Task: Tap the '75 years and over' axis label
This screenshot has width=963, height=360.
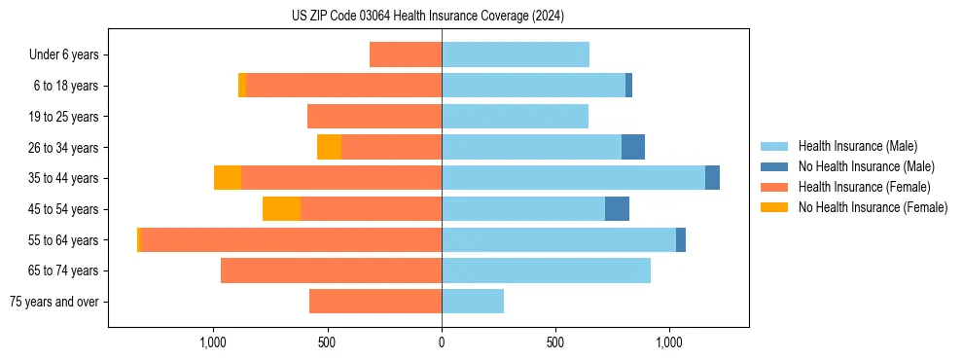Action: coord(54,302)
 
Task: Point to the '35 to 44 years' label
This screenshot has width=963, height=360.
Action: coord(63,178)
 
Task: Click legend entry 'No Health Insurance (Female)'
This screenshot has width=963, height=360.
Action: coord(873,207)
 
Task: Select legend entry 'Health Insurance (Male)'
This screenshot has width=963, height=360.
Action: coord(858,146)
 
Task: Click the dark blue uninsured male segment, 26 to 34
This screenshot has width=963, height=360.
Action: coord(633,147)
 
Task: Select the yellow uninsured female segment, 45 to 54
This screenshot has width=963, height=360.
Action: coord(281,209)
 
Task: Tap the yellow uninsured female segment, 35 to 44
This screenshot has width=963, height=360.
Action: coord(228,178)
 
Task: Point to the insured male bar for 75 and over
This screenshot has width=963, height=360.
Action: coord(473,302)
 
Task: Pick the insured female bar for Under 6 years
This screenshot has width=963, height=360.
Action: coord(406,55)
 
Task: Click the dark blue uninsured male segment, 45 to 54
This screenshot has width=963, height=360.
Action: coord(617,209)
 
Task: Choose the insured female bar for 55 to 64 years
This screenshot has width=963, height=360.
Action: coord(292,239)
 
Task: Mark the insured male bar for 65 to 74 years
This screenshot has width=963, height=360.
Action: coord(546,270)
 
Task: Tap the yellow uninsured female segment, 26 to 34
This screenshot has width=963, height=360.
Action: coord(329,147)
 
